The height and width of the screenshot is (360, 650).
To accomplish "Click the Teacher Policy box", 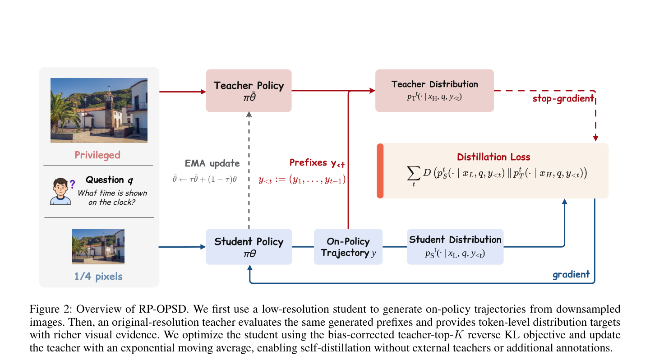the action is point(249,91).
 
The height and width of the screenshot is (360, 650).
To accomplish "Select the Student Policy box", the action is point(249,247).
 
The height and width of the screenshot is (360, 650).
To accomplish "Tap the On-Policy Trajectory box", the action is point(348,247).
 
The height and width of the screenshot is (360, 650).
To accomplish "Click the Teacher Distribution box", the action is point(434,91).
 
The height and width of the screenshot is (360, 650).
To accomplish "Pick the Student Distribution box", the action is point(455,247).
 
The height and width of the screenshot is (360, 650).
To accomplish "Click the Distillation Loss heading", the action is point(493,157).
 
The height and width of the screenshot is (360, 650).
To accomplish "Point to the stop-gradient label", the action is point(563,99).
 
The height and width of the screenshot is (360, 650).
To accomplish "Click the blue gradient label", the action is point(571,274).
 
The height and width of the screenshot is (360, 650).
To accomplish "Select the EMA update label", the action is point(212,163).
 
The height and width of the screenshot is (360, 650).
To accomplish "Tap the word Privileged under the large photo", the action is point(97,155).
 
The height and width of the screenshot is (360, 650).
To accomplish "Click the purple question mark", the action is point(72,184).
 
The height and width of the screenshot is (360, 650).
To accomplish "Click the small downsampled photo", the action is point(98,246).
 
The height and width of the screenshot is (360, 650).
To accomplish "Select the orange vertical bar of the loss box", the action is point(380,171).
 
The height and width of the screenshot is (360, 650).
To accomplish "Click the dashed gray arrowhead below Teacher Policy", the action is point(249,115).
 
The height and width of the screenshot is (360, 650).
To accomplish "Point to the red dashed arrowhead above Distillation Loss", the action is point(595,138).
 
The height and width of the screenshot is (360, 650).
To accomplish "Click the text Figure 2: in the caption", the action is point(51,309).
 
